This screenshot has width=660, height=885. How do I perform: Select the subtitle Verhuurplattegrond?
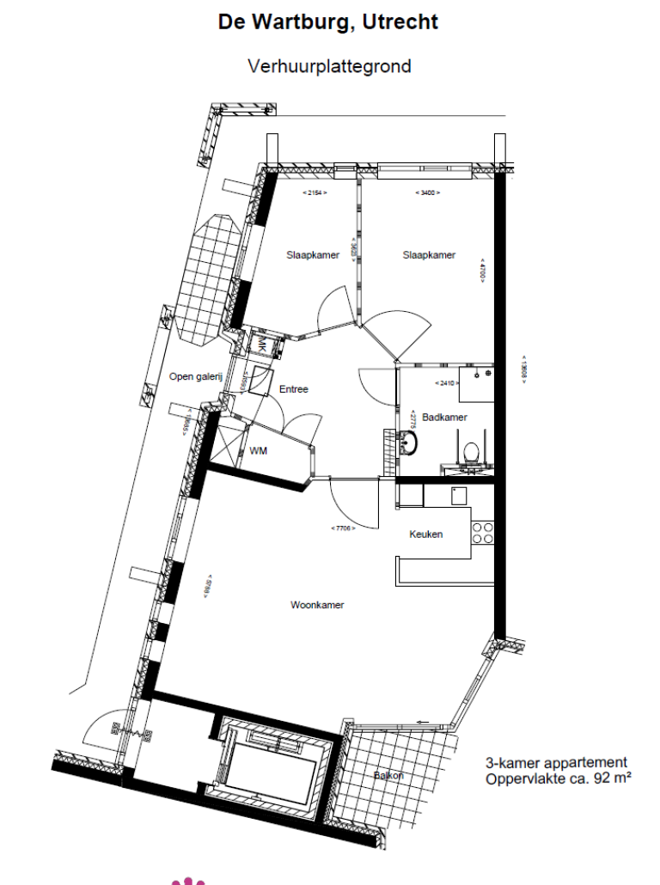329,66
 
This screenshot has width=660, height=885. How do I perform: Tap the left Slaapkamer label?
313,255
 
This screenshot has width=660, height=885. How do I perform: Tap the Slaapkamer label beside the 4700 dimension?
429,255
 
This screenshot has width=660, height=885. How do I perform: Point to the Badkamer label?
444,418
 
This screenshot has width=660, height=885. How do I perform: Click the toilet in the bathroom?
470,452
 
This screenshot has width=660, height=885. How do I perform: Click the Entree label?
294,389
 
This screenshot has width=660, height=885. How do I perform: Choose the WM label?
258,451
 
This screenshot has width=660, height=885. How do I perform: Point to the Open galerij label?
195,376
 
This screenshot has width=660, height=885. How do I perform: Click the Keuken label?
426,534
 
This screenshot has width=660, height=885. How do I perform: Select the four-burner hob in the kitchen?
483,533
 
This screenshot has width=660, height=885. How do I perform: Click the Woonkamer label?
317,605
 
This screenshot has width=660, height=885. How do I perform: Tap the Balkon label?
388,776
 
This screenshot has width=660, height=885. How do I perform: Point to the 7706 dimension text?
343,528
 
